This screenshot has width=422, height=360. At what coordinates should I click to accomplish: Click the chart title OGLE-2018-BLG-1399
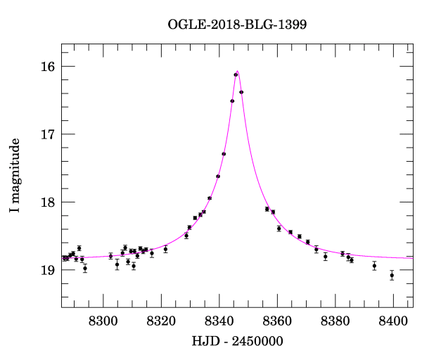pyautogui.click(x=237, y=25)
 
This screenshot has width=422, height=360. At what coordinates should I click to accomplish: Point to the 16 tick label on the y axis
pyautogui.click(x=48, y=67)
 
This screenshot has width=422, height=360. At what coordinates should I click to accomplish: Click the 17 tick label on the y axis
pyautogui.click(x=48, y=134)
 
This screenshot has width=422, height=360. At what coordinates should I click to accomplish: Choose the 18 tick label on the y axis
pyautogui.click(x=48, y=202)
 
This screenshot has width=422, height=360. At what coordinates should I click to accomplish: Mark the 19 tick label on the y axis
pyautogui.click(x=48, y=270)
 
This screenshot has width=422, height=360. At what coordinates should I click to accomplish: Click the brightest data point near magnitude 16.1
pyautogui.click(x=236, y=75)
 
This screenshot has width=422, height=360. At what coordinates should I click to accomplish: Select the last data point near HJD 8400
pyautogui.click(x=392, y=275)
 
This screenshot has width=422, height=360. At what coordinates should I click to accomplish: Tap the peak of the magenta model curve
pyautogui.click(x=238, y=71)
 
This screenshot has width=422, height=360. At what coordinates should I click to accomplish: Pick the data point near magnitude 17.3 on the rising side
pyautogui.click(x=224, y=154)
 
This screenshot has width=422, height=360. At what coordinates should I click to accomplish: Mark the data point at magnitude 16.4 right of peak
pyautogui.click(x=241, y=92)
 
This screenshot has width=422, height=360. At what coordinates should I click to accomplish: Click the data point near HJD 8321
pyautogui.click(x=165, y=249)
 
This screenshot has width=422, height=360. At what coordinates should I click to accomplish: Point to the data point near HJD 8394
pyautogui.click(x=374, y=266)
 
